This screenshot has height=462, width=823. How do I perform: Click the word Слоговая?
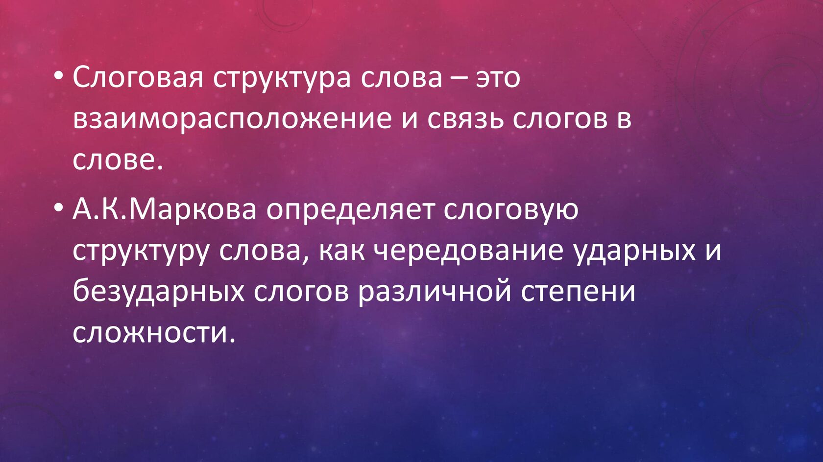(x=138, y=78)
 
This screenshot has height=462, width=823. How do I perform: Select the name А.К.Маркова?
(x=164, y=210)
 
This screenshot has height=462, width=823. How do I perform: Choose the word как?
(x=342, y=252)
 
